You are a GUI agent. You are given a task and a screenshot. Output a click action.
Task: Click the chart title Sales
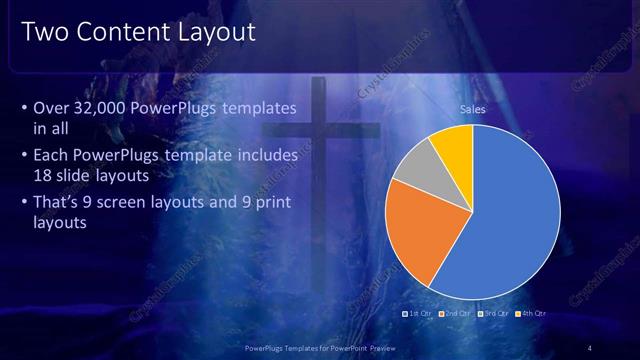[472, 109]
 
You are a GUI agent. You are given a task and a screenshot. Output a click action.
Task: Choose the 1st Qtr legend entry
[417, 313]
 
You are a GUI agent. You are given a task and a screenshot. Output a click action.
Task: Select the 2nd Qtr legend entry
[455, 313]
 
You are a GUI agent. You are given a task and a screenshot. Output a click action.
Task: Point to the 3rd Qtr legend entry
[493, 313]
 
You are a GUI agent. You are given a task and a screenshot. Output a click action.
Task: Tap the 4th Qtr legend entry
[531, 313]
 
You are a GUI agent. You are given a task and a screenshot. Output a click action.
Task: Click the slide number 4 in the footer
[589, 347]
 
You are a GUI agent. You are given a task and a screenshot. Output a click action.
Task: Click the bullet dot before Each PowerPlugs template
[25, 156]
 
